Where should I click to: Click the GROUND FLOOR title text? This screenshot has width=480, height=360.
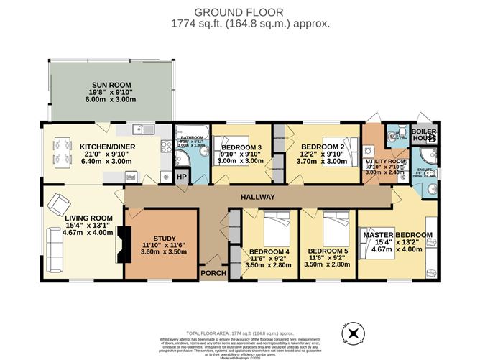[239, 11]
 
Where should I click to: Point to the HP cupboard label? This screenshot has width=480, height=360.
[181, 177]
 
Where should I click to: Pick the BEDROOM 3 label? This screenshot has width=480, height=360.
[241, 147]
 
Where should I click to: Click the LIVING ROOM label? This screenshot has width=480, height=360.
[69, 218]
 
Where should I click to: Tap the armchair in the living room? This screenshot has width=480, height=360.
[55, 206]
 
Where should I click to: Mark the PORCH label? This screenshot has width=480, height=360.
[214, 273]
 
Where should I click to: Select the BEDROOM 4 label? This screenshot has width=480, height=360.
[269, 252]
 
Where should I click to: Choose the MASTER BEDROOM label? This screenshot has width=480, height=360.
[397, 235]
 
